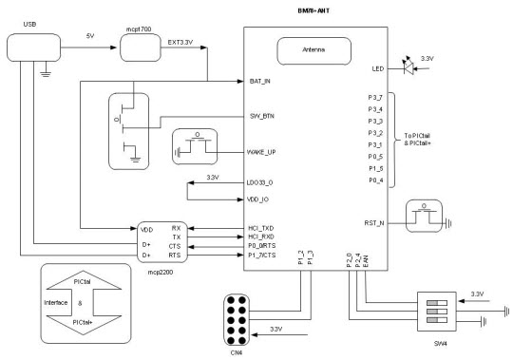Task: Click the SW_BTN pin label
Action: point(259,118)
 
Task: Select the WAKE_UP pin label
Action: point(261,152)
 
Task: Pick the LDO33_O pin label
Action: point(261,180)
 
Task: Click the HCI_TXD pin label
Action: point(260,229)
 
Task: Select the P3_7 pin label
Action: point(374,98)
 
